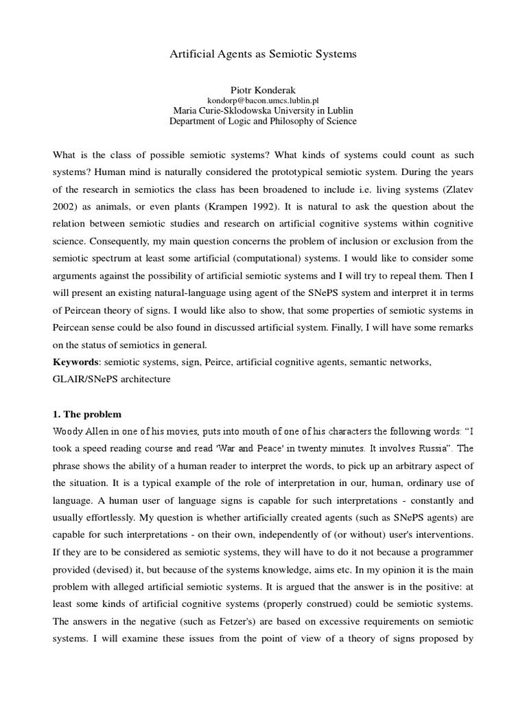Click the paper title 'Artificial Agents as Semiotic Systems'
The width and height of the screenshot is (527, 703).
pos(263,54)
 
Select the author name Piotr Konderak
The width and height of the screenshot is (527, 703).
pos(263,89)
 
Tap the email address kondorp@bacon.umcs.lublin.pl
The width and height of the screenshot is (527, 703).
pos(263,100)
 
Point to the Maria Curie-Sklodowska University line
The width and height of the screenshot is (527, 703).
pos(263,111)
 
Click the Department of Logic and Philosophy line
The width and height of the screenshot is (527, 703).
pos(263,122)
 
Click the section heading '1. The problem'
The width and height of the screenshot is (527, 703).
pos(88,415)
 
